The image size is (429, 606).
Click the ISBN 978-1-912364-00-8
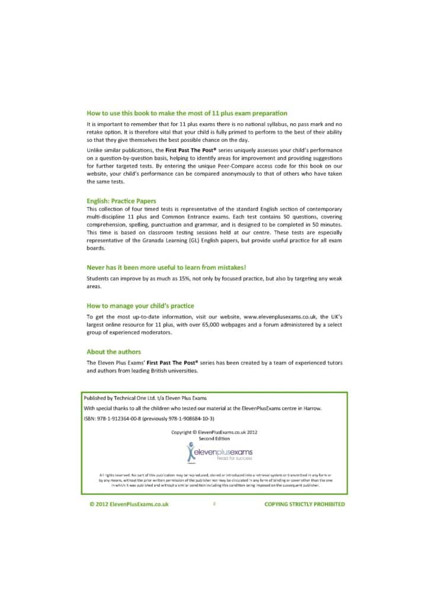click(125, 418)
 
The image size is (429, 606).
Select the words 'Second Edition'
click(214, 438)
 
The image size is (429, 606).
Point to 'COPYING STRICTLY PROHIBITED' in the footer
click(304, 504)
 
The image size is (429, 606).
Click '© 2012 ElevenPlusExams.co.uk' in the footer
click(129, 504)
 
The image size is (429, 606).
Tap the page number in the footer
click(214, 504)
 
